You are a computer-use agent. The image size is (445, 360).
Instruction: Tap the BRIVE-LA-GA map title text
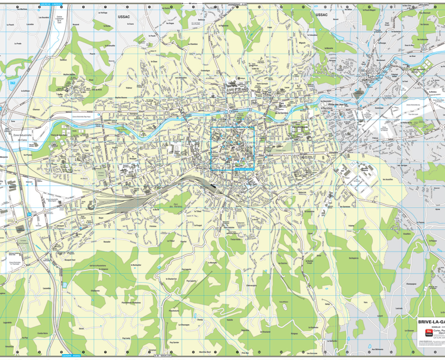[431, 322]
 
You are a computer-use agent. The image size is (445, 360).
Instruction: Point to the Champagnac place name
[411, 284]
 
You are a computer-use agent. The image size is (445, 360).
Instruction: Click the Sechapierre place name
[353, 258]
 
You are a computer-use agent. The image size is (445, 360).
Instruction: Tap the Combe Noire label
[43, 333]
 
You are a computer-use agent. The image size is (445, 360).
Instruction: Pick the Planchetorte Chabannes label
[131, 302]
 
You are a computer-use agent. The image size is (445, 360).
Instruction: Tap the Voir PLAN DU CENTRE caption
[243, 168]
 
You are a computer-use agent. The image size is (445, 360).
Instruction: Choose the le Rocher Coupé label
[310, 261]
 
